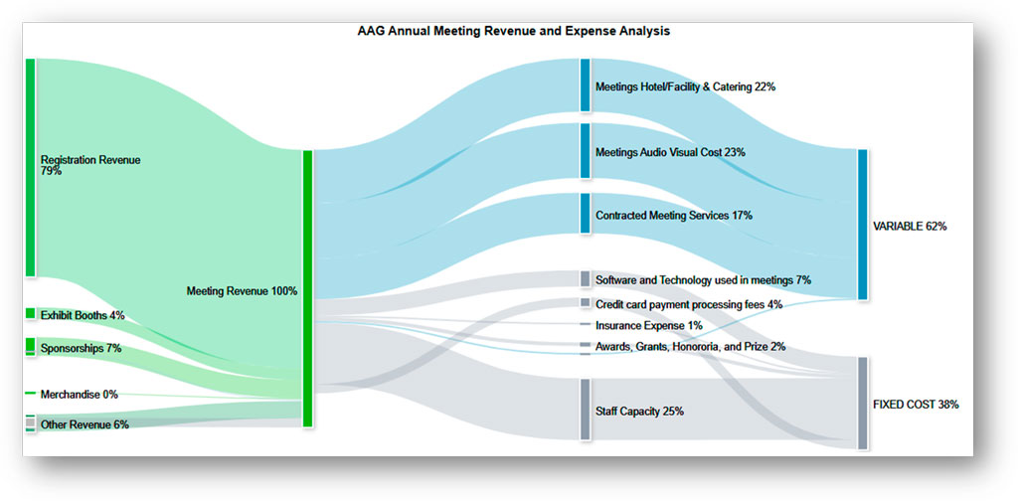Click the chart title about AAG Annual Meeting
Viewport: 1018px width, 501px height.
513,31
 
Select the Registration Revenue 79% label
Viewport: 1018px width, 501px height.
89,165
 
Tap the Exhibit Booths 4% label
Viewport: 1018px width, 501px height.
83,316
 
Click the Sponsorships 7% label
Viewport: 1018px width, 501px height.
81,349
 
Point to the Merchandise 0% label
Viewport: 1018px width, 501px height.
79,395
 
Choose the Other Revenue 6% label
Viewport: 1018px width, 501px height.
85,425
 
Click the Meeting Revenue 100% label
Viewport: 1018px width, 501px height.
242,291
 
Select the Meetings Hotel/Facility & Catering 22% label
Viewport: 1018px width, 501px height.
685,87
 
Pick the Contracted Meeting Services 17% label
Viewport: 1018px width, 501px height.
673,216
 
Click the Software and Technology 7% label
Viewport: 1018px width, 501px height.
703,280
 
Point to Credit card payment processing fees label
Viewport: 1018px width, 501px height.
689,304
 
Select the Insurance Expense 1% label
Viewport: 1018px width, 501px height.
649,326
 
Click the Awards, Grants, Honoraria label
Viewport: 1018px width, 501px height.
690,347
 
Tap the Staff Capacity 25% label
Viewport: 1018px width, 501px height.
639,412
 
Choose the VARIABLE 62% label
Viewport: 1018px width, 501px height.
910,227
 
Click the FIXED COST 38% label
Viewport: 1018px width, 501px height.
916,406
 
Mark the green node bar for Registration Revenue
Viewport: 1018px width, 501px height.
30,167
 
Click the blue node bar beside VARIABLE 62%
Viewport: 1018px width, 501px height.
862,225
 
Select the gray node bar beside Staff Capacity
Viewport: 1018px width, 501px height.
585,410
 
